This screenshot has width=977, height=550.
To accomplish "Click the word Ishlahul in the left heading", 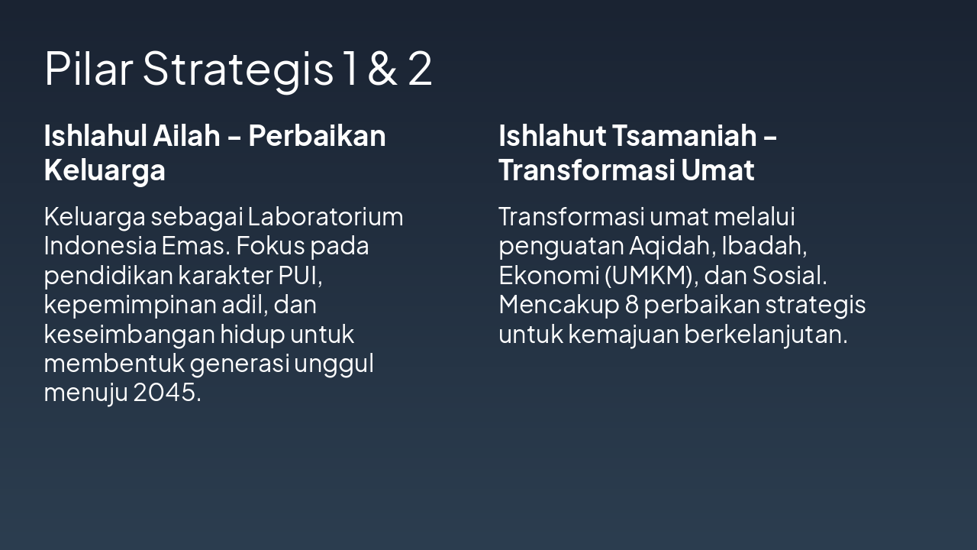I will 94,136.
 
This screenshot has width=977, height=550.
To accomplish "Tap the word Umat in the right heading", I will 717,170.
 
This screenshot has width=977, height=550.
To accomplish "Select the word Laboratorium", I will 325,217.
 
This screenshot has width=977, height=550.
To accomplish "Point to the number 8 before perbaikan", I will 631,305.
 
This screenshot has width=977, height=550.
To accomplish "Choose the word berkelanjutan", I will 765,334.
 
